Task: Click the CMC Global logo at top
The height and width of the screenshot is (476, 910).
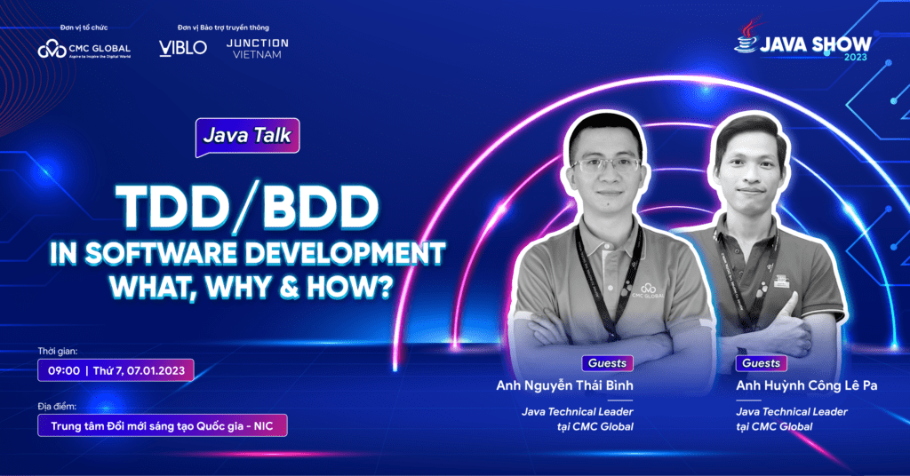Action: (84, 49)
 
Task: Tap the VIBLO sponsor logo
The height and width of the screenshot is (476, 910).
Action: (182, 47)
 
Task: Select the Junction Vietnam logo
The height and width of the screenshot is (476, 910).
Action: (257, 47)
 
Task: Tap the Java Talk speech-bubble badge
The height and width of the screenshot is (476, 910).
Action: (247, 137)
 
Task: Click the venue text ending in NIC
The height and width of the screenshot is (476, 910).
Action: (163, 425)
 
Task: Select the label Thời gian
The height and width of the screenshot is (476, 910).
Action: (59, 351)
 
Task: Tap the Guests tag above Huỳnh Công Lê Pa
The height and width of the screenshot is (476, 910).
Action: (761, 363)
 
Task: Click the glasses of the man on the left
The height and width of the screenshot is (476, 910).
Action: (605, 164)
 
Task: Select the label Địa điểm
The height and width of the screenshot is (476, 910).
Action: (58, 406)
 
